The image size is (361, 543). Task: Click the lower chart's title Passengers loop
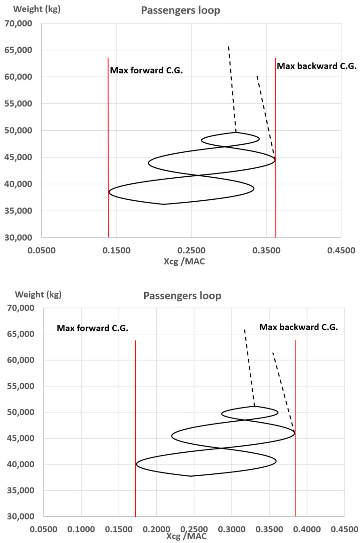click(x=182, y=296)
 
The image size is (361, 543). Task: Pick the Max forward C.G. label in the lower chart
click(x=92, y=328)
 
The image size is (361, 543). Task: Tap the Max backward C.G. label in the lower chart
click(x=299, y=327)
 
